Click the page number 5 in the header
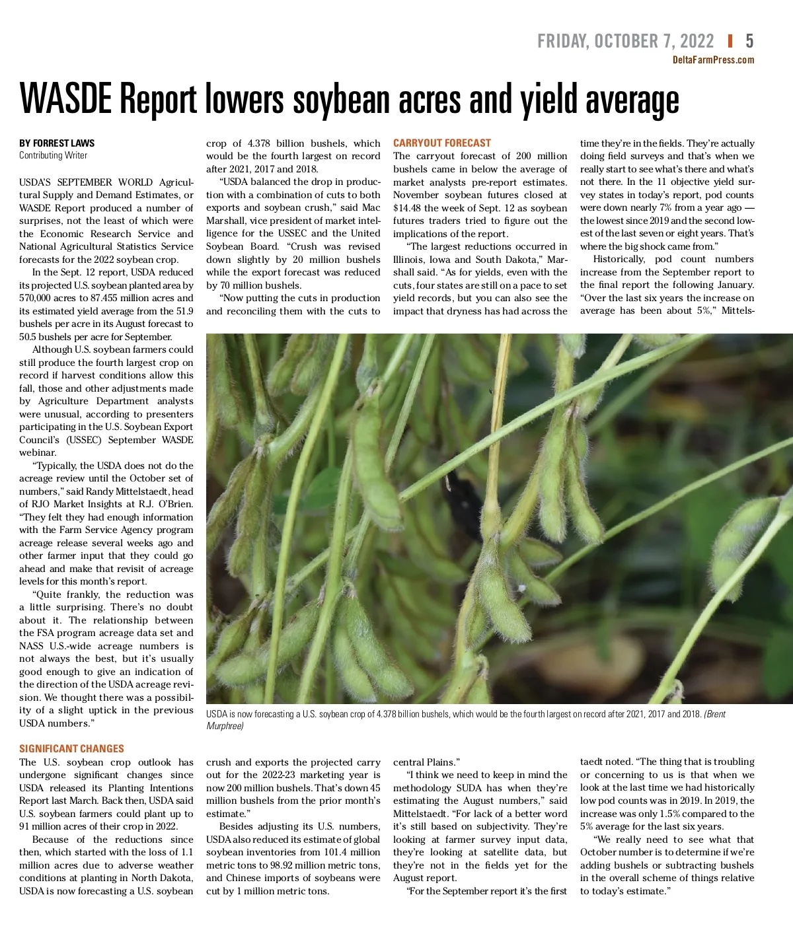[x=749, y=42]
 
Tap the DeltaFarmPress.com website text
[x=713, y=60]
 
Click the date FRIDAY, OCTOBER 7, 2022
[x=625, y=42]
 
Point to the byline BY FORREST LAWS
[x=57, y=143]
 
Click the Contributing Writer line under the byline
[x=53, y=156]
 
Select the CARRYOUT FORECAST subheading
[x=442, y=143]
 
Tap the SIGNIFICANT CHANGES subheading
[x=71, y=749]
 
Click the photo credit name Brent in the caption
[x=714, y=714]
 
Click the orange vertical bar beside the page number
[x=730, y=42]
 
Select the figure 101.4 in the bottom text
[x=336, y=852]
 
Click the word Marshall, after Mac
[x=227, y=221]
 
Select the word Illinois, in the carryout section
[x=410, y=260]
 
